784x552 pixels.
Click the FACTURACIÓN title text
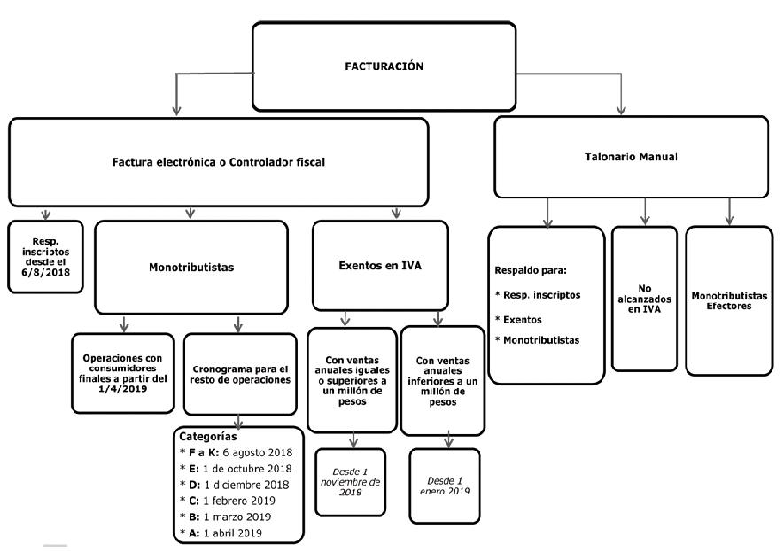coord(384,66)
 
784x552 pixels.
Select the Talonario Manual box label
coord(631,157)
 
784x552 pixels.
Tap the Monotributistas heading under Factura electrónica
coord(191,268)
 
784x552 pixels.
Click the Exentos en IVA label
coord(380,266)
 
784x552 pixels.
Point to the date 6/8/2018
coord(45,273)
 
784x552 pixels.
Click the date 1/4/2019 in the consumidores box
coord(123,389)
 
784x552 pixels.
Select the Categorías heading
coord(208,437)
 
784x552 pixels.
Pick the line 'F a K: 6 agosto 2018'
coord(236,453)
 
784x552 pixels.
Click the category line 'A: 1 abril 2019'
coord(221,533)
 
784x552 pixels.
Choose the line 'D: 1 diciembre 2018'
coord(234,485)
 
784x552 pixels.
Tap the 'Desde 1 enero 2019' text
coord(445,486)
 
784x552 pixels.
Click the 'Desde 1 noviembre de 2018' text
coord(351,482)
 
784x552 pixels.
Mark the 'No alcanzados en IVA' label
coord(644,299)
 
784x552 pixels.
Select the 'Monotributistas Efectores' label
coord(729,300)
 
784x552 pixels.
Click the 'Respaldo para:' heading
coord(531,270)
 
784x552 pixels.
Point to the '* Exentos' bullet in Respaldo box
coord(518,320)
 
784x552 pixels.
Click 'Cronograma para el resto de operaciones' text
coord(240,375)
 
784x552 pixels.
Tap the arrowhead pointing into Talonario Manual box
coord(622,111)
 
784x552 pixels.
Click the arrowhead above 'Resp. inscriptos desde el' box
coord(45,215)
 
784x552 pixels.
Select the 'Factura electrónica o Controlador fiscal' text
coord(219,162)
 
